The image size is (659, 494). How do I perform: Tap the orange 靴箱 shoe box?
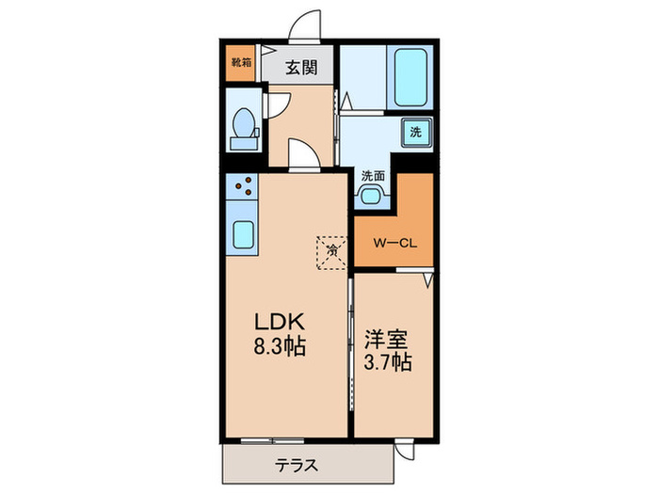click(x=241, y=63)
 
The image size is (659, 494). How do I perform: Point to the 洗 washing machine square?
click(x=415, y=133)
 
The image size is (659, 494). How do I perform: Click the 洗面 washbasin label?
click(x=373, y=175)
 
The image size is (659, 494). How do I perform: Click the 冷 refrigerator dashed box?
click(x=331, y=250)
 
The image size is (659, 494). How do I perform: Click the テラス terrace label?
click(x=296, y=465)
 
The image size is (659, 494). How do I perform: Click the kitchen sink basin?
click(x=242, y=232)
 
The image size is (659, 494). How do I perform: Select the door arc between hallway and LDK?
click(x=303, y=154)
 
